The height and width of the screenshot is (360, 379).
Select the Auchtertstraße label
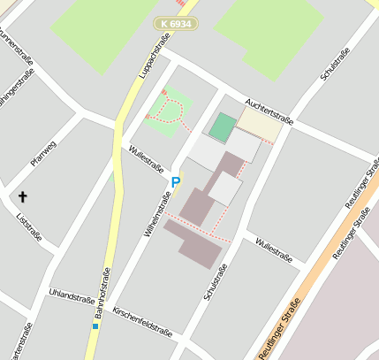point(269,110)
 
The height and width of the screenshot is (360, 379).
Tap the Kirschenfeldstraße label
point(142,324)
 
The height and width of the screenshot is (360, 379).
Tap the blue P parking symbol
point(175,183)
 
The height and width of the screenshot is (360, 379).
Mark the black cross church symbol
point(22,196)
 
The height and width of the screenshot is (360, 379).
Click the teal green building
point(222,126)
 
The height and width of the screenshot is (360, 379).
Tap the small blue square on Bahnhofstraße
point(95,326)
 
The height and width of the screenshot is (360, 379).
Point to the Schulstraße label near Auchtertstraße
point(336,64)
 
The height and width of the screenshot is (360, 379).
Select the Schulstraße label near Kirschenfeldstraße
point(216,282)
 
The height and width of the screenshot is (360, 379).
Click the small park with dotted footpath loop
point(166,111)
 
